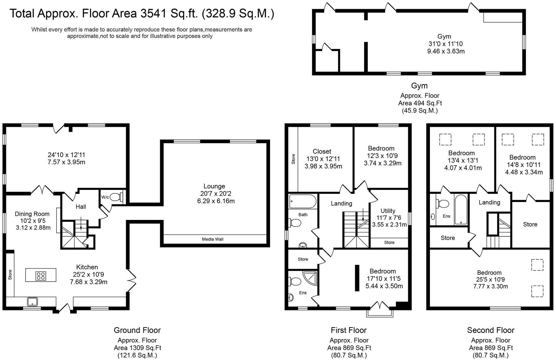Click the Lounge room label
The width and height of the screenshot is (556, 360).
pos(214,186)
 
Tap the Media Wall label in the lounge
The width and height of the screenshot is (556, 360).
pos(213,239)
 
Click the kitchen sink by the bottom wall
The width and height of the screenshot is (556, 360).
pos(32,302)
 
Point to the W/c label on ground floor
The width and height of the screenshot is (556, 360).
pos(105,197)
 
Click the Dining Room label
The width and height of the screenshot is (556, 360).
pos(32,214)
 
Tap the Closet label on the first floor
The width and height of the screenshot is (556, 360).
pos(322,151)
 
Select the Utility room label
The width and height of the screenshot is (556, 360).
pos(388,211)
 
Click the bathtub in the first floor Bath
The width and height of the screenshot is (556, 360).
pos(302,201)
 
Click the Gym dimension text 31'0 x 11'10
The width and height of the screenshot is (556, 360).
pos(445,44)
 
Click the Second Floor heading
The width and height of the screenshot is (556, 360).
pos(491,330)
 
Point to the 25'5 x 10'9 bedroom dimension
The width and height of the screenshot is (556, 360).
pos(489,280)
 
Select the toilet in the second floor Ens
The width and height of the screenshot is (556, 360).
pos(444,204)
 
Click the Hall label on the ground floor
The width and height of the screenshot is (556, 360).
pos(81,207)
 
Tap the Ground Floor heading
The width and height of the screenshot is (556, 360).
pos(137,330)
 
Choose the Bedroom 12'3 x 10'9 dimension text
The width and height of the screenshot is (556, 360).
pos(383,156)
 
